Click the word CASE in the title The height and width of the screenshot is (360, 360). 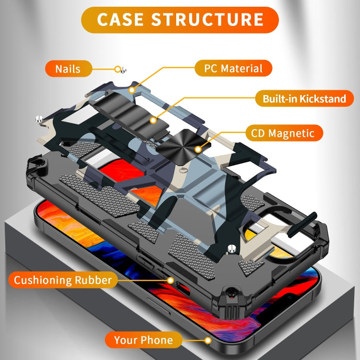pyautogui.click(x=121, y=20)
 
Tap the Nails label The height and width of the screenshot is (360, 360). pyautogui.click(x=68, y=68)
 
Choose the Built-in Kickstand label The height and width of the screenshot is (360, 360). pyautogui.click(x=304, y=99)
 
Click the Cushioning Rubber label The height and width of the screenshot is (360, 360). pyautogui.click(x=62, y=280)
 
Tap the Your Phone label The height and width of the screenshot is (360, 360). pyautogui.click(x=143, y=340)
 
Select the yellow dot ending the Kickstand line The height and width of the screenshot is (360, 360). pyautogui.click(x=153, y=119)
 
